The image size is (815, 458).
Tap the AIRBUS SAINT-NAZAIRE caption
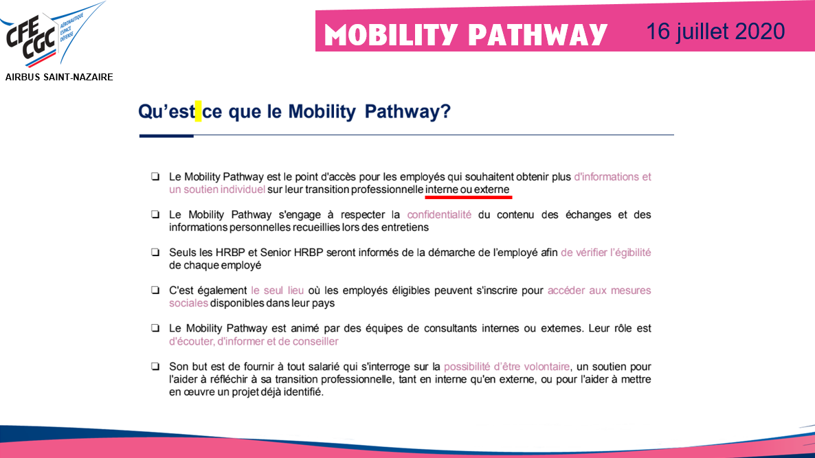(x=59, y=78)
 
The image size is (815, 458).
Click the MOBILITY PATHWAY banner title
(x=466, y=34)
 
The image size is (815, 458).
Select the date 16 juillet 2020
(x=715, y=31)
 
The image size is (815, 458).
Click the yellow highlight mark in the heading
(x=199, y=111)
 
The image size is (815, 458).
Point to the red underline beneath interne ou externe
(x=468, y=196)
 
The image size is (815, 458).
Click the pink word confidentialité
(x=439, y=215)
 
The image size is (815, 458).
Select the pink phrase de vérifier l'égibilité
(x=605, y=253)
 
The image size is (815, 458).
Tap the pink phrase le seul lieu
(x=278, y=290)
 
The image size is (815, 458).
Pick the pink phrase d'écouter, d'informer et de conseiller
(x=254, y=341)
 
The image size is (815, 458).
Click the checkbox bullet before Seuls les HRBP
(x=155, y=253)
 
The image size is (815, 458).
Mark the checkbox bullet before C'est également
(x=155, y=290)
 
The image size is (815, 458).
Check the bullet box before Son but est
(x=155, y=367)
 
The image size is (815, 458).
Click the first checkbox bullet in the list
(x=155, y=177)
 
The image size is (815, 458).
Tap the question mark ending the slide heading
(x=445, y=112)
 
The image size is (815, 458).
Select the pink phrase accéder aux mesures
(x=599, y=290)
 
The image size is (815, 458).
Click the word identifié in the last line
(x=300, y=393)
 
